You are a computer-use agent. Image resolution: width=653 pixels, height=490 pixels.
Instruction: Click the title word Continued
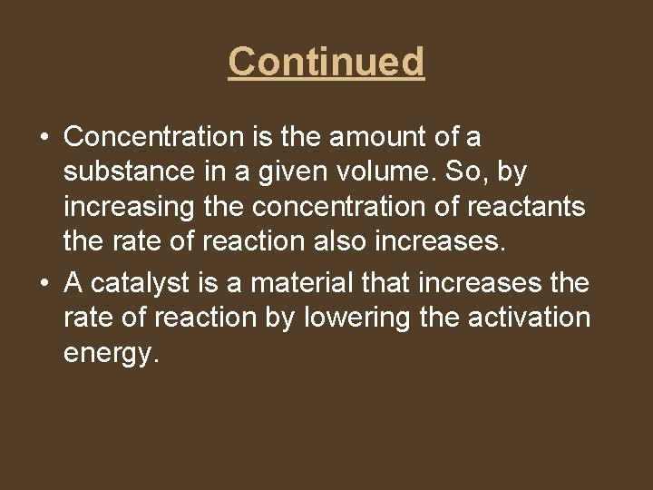pos(326,62)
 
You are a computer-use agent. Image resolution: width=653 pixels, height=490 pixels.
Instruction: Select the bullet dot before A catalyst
pos(44,284)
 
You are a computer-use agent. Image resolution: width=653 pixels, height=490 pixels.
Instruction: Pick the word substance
pos(124,172)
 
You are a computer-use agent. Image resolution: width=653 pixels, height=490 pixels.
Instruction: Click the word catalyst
pos(144,283)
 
